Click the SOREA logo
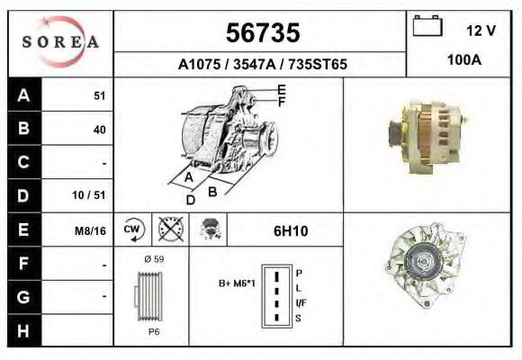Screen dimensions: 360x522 pos(60,42)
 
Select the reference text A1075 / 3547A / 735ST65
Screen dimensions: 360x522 pos(262,65)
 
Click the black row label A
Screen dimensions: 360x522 pos(23,95)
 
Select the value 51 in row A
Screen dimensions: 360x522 pos(100,96)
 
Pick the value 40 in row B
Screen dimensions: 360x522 pos(99,130)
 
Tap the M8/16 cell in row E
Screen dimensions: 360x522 pos(91,230)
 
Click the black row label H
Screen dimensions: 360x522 pos(23,330)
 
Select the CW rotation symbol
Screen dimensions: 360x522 pos(132,230)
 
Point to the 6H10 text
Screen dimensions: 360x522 pos(290,230)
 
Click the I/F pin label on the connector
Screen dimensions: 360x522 pos(300,302)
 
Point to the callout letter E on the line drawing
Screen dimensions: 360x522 pos(282,89)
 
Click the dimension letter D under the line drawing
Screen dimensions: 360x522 pos(190,200)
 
